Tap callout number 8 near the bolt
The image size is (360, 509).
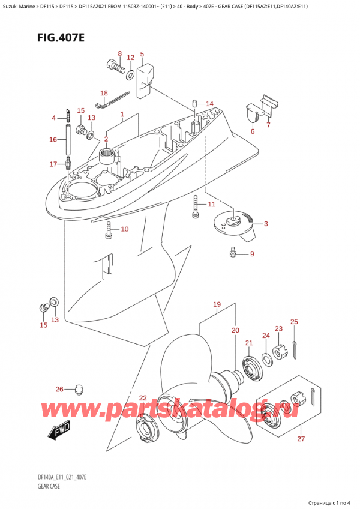(x=119, y=54)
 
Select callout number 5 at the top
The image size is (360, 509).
(x=142, y=55)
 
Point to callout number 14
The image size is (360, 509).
(x=209, y=104)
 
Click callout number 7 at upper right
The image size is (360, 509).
(x=268, y=125)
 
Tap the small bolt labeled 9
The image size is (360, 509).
(x=233, y=253)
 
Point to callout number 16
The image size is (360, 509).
(x=53, y=139)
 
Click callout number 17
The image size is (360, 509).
(x=53, y=164)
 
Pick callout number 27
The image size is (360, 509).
(x=301, y=439)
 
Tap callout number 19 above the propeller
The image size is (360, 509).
(x=217, y=304)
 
